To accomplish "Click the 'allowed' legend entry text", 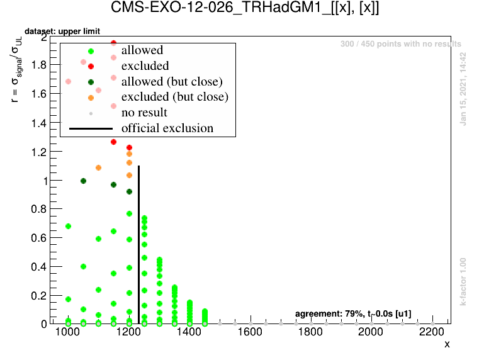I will click(142, 50).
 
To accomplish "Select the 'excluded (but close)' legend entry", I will click(174, 97).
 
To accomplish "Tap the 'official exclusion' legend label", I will click(167, 128).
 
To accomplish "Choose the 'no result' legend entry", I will click(144, 113).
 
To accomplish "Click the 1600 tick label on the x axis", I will click(250, 332).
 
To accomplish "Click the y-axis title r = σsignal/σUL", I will click(18, 69).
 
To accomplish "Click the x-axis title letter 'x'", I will click(447, 344).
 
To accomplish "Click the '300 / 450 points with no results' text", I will click(400, 44).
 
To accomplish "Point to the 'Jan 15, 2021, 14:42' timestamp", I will click(463, 89).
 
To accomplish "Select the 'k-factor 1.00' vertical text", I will click(463, 281).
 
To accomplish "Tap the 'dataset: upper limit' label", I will click(62, 31).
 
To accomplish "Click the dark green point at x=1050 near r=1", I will click(83, 181).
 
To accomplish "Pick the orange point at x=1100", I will click(98, 168).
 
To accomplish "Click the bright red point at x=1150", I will click(114, 142).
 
